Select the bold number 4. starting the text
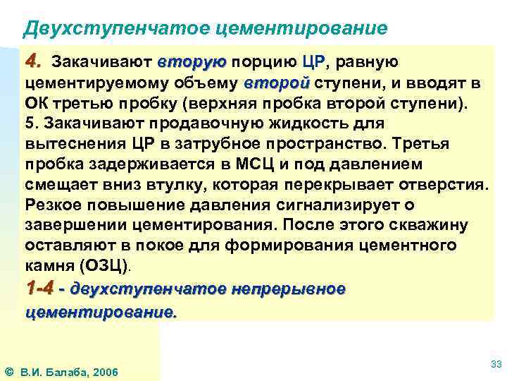pyautogui.click(x=34, y=61)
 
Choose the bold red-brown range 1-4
pyautogui.click(x=40, y=289)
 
